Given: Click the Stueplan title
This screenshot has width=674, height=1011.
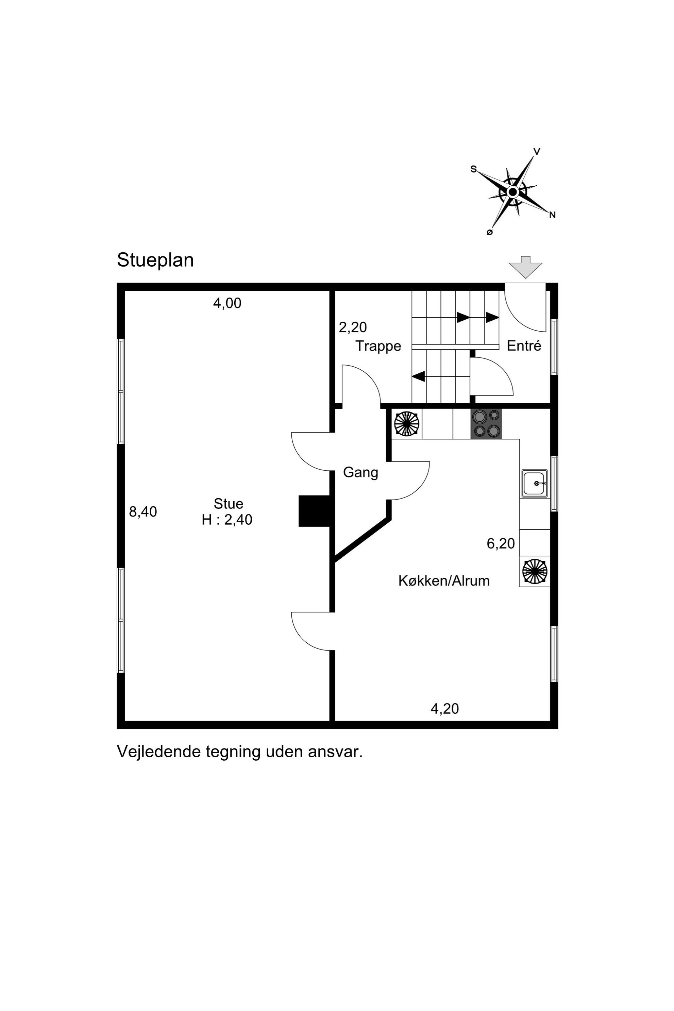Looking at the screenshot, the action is pyautogui.click(x=155, y=260).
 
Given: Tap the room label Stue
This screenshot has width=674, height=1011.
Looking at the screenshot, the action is pyautogui.click(x=228, y=503).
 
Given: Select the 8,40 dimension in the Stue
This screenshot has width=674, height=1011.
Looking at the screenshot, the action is pyautogui.click(x=143, y=511).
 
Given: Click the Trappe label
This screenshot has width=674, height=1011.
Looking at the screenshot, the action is pyautogui.click(x=378, y=347).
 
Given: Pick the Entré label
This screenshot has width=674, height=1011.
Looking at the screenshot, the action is pyautogui.click(x=524, y=346).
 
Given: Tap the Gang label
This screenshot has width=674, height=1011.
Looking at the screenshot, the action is pyautogui.click(x=361, y=473).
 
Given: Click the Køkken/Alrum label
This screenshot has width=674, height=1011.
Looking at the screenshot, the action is pyautogui.click(x=444, y=581).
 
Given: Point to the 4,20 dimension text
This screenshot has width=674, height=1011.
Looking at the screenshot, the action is pyautogui.click(x=444, y=709).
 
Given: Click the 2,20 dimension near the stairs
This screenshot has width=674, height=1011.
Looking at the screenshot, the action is pyautogui.click(x=353, y=327).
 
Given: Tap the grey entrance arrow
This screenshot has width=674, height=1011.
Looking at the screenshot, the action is pyautogui.click(x=525, y=267).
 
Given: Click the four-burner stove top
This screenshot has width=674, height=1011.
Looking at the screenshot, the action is pyautogui.click(x=486, y=424).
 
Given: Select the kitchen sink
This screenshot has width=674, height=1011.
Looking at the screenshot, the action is pyautogui.click(x=535, y=484).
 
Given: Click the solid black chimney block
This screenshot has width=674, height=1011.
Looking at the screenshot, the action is pyautogui.click(x=314, y=511).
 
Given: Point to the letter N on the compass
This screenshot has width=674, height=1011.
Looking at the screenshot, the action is pyautogui.click(x=552, y=215).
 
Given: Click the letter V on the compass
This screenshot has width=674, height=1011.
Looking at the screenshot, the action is pyautogui.click(x=537, y=151).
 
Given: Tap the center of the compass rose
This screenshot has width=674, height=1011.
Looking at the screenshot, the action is pyautogui.click(x=512, y=192).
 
